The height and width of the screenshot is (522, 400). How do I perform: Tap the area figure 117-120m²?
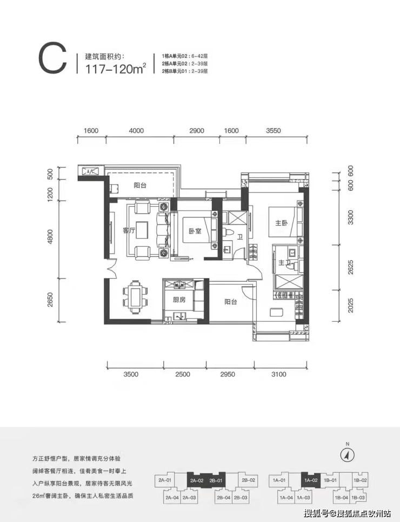click(x=116, y=69)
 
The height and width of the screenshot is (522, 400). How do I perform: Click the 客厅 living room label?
click(x=129, y=230)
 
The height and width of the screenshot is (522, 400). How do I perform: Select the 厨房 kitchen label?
click(x=179, y=300)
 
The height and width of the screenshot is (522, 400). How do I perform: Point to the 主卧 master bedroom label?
click(x=282, y=223)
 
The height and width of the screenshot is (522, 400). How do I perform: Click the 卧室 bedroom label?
click(x=195, y=230)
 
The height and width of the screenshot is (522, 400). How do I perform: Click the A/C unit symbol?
click(x=90, y=171)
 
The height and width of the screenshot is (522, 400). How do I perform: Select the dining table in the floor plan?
click(x=136, y=296)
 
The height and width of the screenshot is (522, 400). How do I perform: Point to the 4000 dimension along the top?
click(x=136, y=130)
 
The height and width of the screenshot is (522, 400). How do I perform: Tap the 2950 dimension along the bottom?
click(x=228, y=374)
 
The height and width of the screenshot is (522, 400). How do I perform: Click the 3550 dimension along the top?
click(x=273, y=130)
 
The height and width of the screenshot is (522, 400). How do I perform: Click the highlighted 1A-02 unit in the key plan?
click(x=310, y=480)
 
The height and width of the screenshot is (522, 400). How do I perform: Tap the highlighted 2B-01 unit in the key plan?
click(x=216, y=480)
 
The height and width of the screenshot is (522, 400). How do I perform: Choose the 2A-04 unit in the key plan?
click(x=172, y=497)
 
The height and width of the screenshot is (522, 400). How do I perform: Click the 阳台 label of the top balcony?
click(x=140, y=186)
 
